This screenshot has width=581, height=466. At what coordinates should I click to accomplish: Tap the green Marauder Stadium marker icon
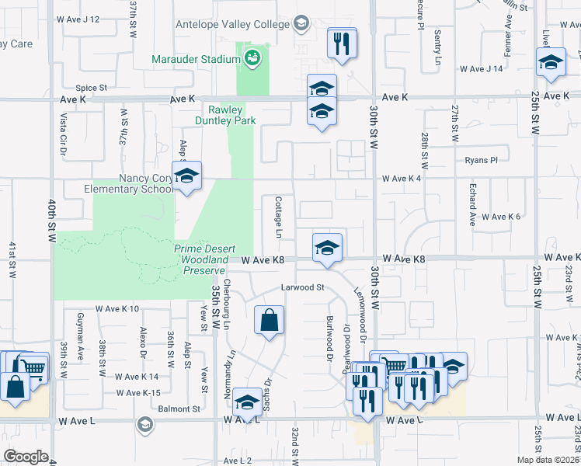point(252,57)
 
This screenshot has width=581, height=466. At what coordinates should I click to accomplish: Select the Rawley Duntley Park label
point(231,116)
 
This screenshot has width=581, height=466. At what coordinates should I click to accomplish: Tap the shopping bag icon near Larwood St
point(269,321)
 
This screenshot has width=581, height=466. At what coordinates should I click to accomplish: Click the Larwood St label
point(302,287)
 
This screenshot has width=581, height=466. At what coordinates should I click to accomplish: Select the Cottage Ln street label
point(278,217)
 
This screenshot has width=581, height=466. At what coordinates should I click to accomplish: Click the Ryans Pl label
point(482,160)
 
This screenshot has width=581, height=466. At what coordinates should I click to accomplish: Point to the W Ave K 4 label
point(402,179)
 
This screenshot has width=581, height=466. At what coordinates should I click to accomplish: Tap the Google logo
point(25,457)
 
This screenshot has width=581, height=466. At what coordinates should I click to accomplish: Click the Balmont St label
point(179,409)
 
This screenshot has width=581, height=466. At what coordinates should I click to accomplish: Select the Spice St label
point(91,89)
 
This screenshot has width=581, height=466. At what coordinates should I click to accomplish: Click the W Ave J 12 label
point(78,19)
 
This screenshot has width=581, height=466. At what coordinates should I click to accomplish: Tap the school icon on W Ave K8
point(328,249)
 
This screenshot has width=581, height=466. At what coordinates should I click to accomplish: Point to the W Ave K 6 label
point(500,217)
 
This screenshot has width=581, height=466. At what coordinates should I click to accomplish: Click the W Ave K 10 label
point(117,309)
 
